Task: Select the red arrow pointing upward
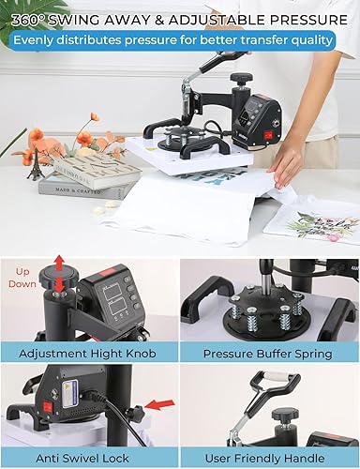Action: [x=60, y=265]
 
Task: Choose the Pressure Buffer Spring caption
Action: [x=269, y=354]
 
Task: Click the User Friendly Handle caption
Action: [x=269, y=458]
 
